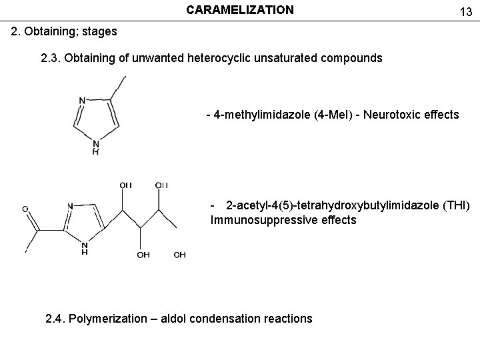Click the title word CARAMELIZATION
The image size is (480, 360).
point(239,10)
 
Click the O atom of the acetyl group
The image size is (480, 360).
point(25,209)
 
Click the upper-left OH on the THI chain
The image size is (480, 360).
point(125,185)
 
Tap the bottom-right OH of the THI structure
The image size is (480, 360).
point(179,255)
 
